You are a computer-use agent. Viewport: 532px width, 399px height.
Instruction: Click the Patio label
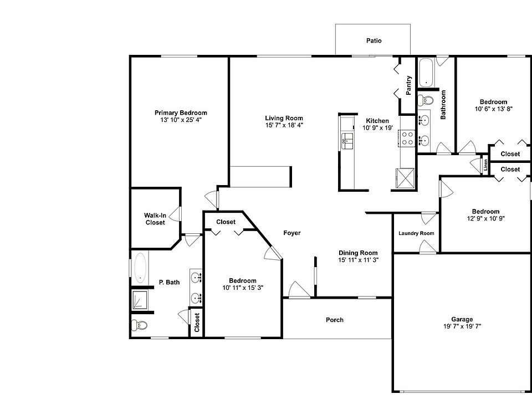pos(374,40)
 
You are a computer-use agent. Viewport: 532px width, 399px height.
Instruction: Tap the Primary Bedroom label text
pos(181,112)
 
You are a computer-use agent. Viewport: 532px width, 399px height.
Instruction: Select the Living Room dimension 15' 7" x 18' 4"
pos(284,125)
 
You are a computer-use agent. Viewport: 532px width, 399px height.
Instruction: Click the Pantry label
pos(408,85)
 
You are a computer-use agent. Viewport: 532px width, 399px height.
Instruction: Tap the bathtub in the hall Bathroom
pos(426,73)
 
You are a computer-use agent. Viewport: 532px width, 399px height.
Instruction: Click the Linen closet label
pos(485,165)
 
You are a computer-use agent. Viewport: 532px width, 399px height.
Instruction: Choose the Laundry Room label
pos(416,233)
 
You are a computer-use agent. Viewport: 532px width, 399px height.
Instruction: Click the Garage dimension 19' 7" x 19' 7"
pos(462,326)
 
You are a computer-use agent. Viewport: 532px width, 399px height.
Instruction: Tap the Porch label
pos(334,320)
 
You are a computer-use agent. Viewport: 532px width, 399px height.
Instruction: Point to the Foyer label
pos(292,233)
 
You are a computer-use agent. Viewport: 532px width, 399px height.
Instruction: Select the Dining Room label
pos(358,253)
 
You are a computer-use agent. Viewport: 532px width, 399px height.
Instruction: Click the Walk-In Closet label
pos(155,219)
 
